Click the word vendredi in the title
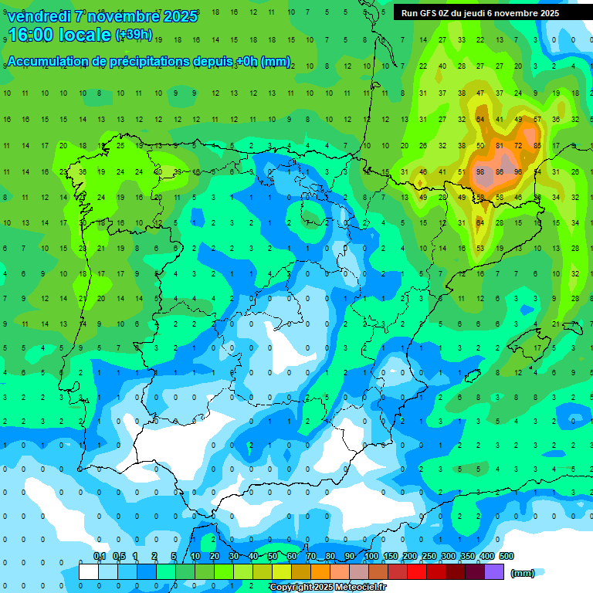point(42,16)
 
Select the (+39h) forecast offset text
point(134,35)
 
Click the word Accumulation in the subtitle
point(50,62)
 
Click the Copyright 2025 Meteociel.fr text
point(327,588)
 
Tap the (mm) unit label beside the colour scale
point(523,573)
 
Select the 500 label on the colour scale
point(506,556)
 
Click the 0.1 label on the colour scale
point(100,556)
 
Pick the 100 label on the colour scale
point(371,556)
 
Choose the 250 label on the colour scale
point(429,556)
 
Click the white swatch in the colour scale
point(89,571)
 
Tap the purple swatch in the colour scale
point(494,571)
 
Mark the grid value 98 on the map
point(480,171)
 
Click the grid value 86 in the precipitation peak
point(500,171)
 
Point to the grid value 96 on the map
point(518,171)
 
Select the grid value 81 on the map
point(500,145)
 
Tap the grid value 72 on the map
point(518,145)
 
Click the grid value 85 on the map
point(537,145)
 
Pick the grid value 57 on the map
point(537,120)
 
